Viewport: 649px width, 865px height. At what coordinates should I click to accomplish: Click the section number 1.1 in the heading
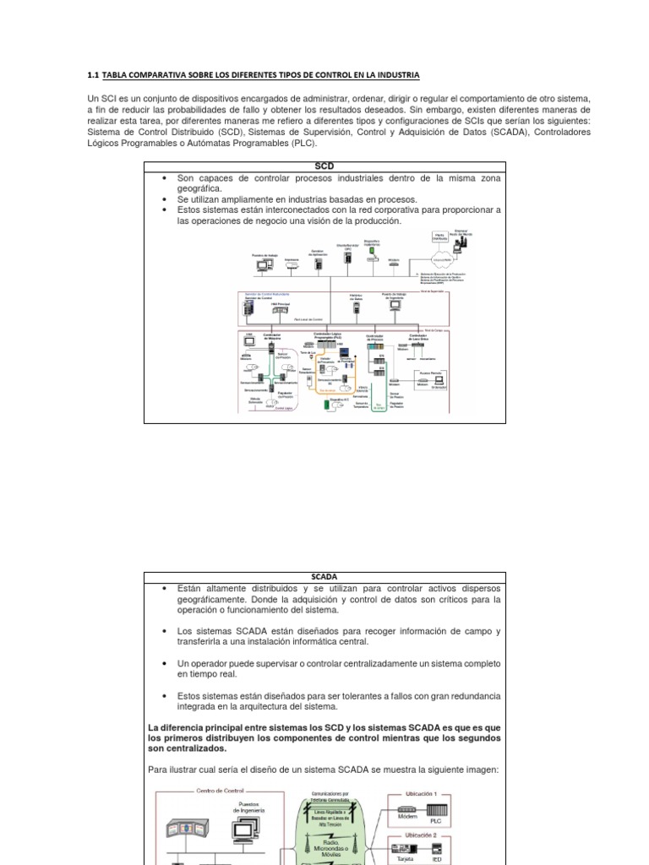tap(92, 74)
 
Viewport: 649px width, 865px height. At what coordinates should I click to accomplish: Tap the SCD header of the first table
tap(324, 166)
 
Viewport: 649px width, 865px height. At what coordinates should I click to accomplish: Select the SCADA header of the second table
tap(324, 577)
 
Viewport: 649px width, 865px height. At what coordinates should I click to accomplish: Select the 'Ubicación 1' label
tap(420, 794)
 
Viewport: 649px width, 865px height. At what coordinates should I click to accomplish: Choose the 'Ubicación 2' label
tap(420, 834)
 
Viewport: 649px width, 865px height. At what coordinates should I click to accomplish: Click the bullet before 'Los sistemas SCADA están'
tap(162, 631)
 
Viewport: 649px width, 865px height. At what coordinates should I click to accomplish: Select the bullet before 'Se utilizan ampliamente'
tap(162, 199)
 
